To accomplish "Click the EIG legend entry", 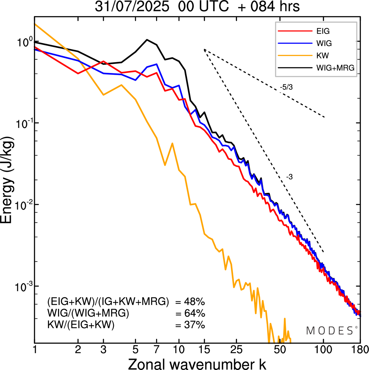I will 323,31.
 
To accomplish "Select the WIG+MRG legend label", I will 335,68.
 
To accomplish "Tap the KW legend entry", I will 323,55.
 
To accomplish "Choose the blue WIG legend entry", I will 324,43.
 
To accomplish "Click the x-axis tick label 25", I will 236,349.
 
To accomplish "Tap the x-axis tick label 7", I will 156,349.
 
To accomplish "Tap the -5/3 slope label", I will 286,87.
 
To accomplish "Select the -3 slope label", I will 289,177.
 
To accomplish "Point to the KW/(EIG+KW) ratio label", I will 81,325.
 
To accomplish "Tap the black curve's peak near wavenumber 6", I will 147,40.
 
